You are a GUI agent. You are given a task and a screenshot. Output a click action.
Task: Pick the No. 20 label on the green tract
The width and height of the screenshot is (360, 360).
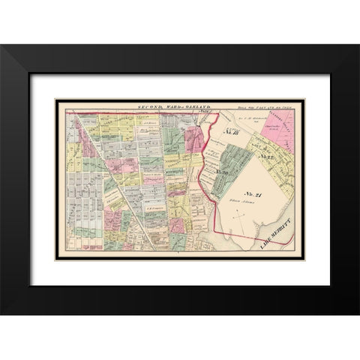223,172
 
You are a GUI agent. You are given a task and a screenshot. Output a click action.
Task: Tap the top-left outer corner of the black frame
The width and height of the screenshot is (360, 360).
1,45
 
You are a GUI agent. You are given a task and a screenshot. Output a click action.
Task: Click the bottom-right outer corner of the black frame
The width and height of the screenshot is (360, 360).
358,314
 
